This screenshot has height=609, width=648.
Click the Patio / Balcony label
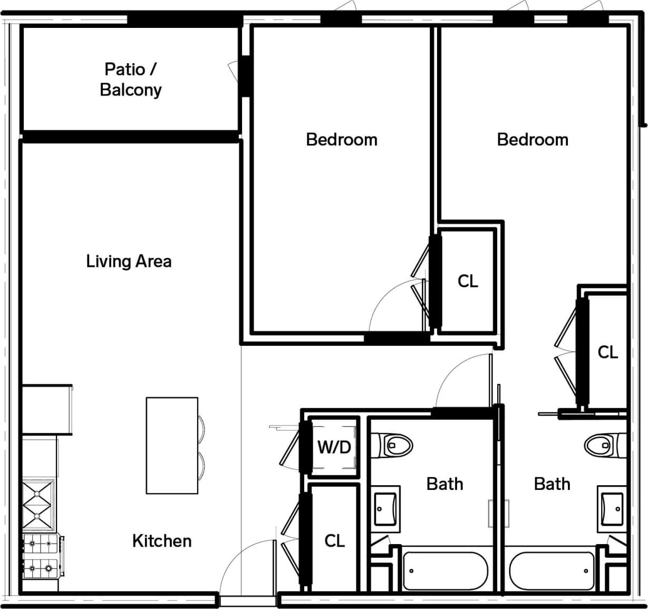(130, 79)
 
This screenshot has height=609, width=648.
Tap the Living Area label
(129, 261)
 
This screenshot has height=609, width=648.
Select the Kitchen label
(161, 540)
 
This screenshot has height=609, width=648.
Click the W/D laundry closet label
(334, 447)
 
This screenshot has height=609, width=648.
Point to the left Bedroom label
(342, 140)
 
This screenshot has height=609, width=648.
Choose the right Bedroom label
(533, 140)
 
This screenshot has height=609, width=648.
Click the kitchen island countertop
(172, 446)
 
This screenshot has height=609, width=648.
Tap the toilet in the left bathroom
(393, 445)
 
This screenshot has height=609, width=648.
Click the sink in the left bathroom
(386, 509)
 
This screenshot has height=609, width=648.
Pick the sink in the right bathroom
(612, 509)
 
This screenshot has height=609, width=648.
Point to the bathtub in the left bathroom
(446, 571)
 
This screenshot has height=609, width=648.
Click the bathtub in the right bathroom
(552, 571)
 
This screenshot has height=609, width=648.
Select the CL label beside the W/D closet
(334, 540)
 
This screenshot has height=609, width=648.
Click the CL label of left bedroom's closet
(468, 282)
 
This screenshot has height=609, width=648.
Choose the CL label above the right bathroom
(607, 352)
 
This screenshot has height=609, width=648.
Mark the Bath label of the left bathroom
(444, 484)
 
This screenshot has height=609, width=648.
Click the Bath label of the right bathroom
(552, 484)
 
